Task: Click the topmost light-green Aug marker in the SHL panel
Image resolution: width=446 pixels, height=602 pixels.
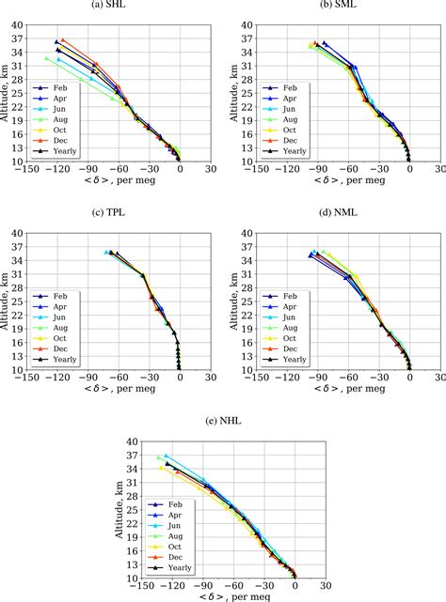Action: tap(46, 58)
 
